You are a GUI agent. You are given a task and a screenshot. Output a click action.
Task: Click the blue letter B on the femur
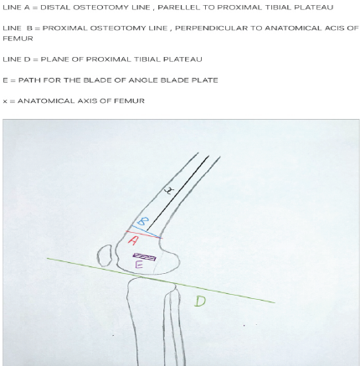pos(142,221)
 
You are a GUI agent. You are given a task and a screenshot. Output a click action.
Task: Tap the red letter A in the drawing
pos(133,240)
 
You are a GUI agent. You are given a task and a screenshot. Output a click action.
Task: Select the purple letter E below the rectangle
pos(139,265)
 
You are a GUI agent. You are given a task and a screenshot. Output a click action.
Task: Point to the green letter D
pos(200,302)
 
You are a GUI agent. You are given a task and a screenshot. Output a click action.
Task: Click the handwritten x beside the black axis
pos(169,191)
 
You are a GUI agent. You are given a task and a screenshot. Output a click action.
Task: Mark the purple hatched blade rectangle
pos(144,256)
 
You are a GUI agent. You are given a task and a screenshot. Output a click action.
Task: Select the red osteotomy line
pos(144,235)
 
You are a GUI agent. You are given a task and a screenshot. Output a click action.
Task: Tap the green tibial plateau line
pos(161,281)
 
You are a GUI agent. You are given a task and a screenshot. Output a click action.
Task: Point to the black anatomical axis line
pos(177,193)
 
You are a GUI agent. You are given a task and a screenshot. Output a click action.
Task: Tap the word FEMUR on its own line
pos(18,39)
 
